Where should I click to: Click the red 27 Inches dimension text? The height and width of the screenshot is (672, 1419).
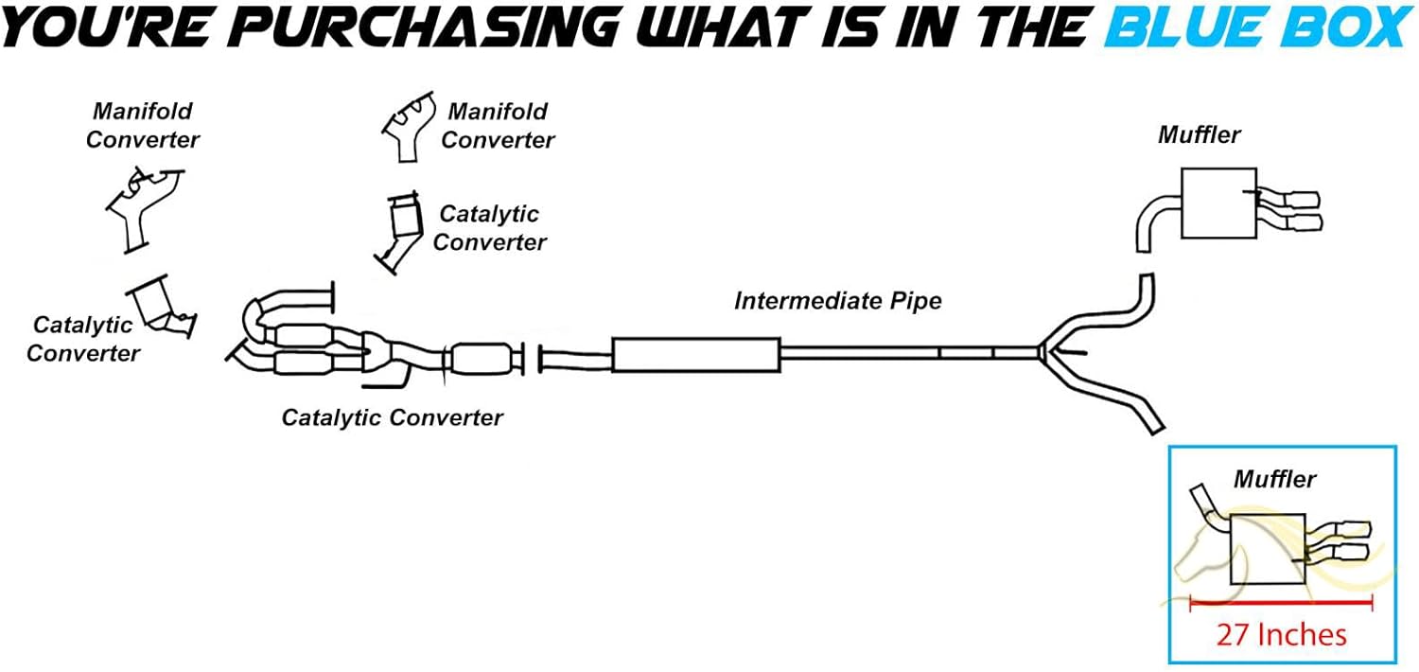[1281, 633]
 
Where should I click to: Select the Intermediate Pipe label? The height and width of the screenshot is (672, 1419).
[838, 301]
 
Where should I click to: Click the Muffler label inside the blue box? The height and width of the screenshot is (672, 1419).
[1273, 479]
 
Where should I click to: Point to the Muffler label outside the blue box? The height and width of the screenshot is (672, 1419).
[1199, 135]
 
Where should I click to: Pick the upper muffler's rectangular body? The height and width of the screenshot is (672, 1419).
[1218, 203]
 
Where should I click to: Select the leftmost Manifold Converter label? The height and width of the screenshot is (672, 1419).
[142, 125]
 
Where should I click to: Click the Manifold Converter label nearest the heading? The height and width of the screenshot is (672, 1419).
[498, 125]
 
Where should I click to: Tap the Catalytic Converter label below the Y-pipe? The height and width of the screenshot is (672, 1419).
[392, 416]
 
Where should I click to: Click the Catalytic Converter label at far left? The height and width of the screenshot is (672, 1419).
[83, 339]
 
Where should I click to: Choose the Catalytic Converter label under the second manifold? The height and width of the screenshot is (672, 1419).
[489, 228]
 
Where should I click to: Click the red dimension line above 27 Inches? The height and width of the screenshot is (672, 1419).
[1281, 600]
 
